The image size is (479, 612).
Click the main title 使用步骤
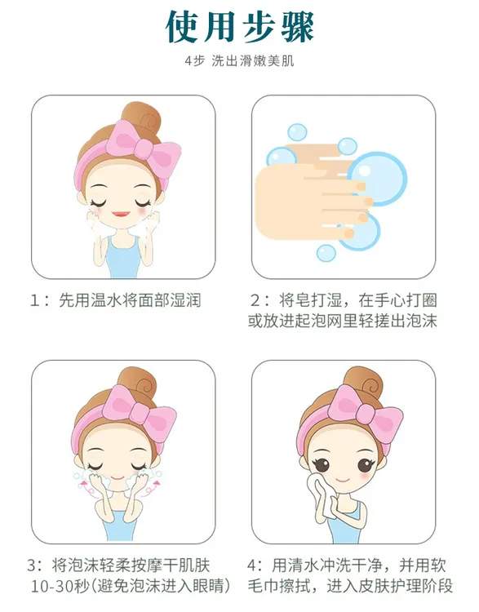tap(239, 27)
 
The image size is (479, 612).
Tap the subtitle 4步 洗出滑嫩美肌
tap(239, 62)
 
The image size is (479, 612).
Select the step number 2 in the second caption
tap(255, 300)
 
